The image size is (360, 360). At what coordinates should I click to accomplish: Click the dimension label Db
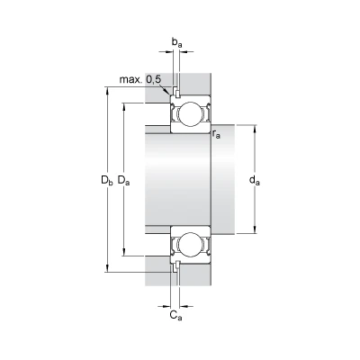(107, 181)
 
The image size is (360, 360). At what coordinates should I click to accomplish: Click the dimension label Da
(123, 181)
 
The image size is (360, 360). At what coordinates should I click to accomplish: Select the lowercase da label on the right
(255, 181)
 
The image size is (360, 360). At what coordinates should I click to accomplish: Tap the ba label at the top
(176, 42)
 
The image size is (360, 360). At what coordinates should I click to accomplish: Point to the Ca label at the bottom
(175, 315)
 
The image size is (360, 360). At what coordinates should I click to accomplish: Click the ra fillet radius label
(216, 134)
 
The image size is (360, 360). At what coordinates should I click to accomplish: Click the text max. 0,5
(140, 79)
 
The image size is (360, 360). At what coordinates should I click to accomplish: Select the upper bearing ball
(191, 114)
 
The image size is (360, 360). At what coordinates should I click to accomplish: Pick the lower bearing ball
(191, 245)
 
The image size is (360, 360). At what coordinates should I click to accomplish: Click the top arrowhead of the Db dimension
(107, 91)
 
